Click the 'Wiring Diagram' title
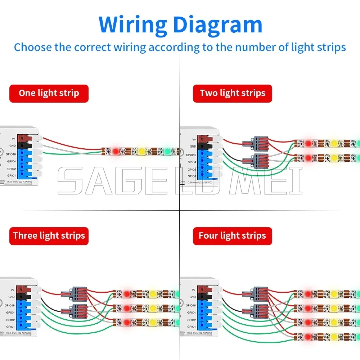pyautogui.click(x=180, y=24)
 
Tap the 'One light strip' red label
pyautogui.click(x=49, y=93)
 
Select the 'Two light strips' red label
pyautogui.click(x=232, y=93)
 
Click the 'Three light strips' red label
pyautogui.click(x=49, y=236)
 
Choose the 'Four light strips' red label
pyautogui.click(x=232, y=236)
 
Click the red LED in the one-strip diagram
pyautogui.click(x=116, y=152)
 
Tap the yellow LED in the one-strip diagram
pyautogui.click(x=141, y=152)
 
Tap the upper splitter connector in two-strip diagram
pyautogui.click(x=257, y=142)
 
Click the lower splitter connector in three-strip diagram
pyautogui.click(x=76, y=311)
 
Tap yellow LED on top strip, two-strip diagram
pyautogui.click(x=333, y=144)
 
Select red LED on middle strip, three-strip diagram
pyautogui.click(x=127, y=308)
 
